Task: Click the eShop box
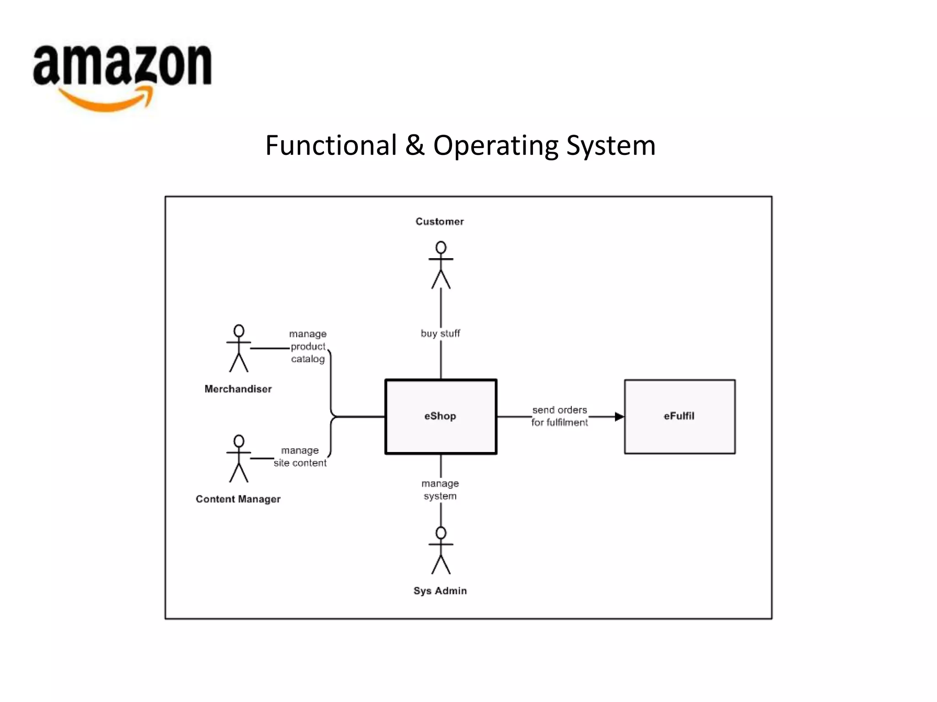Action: [x=441, y=416]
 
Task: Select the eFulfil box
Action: [x=679, y=416]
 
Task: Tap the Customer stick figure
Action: [x=441, y=265]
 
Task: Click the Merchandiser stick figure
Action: [x=239, y=348]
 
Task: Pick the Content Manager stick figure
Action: [x=239, y=458]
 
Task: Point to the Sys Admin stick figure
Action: [x=441, y=550]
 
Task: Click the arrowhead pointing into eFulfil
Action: [x=619, y=416]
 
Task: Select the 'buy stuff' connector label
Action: [x=440, y=334]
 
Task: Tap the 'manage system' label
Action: [x=440, y=489]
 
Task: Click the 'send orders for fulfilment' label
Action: [x=560, y=416]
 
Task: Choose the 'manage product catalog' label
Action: [x=308, y=346]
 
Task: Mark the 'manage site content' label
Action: [x=300, y=457]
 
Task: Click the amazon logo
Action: [x=122, y=66]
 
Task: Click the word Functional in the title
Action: [x=331, y=145]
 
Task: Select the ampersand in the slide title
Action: [x=415, y=145]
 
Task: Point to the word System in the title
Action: [x=611, y=145]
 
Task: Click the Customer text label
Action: [x=440, y=222]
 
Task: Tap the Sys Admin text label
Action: [x=440, y=590]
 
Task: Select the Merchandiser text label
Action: [x=238, y=389]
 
